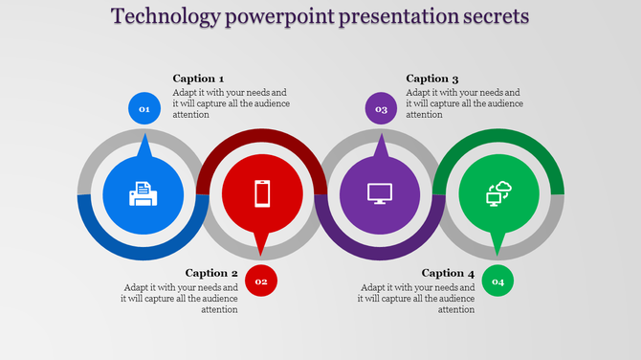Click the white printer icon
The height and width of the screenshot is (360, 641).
pos(143,194)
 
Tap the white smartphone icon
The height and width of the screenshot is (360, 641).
pos(262,193)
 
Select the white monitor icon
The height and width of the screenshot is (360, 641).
pos(381,193)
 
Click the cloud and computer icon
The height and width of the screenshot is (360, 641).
pos(498,193)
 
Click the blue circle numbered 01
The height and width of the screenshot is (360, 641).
pos(144,109)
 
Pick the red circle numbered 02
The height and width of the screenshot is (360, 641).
pos(261,281)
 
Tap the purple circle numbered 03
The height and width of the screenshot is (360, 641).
pos(381,109)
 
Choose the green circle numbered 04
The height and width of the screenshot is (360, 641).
pos(497,281)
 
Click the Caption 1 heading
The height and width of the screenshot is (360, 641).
pos(198,79)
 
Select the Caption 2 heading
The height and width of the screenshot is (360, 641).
pos(211,273)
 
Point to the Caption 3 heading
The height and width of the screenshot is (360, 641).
pos(432,79)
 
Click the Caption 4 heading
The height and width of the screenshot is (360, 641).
pos(448,273)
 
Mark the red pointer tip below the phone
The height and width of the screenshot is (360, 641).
pos(261,251)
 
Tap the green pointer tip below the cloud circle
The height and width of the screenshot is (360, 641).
pos(497,251)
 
